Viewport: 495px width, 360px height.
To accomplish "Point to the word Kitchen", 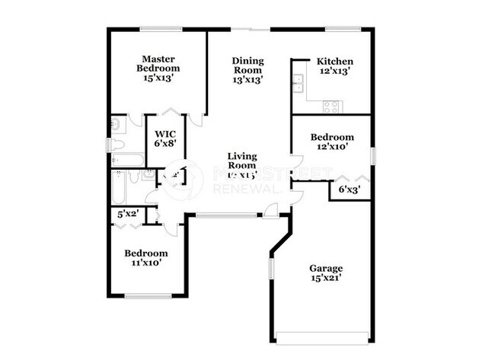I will click(x=335, y=62).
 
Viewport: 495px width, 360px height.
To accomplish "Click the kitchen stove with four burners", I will click(x=331, y=107).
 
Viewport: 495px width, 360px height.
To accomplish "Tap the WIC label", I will click(x=165, y=134).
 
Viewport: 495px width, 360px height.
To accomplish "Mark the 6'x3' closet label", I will click(x=349, y=189).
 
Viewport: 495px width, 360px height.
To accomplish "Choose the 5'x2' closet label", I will click(x=126, y=214).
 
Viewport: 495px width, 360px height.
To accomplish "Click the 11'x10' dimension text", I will click(x=145, y=263).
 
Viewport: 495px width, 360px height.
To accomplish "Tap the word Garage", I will click(x=325, y=268).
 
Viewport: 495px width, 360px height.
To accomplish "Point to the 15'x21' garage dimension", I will click(x=325, y=278).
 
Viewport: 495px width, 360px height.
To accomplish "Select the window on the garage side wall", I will click(x=270, y=268).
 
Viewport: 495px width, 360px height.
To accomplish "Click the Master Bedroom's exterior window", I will click(x=161, y=30).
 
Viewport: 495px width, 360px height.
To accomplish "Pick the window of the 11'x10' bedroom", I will click(x=148, y=296).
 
